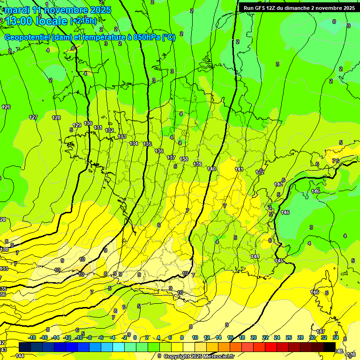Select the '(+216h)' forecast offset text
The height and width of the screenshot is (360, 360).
click(83, 21)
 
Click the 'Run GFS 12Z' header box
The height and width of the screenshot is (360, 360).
click(299, 8)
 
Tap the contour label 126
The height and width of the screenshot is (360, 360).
click(6, 107)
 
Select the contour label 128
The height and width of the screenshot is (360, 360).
click(56, 118)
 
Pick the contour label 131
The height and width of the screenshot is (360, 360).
click(98, 127)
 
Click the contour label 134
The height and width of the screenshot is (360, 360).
click(134, 143)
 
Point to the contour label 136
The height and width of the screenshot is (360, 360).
click(159, 151)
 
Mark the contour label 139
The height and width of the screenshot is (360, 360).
click(197, 164)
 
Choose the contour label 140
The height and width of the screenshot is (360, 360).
click(211, 169)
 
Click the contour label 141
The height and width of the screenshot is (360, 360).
click(239, 169)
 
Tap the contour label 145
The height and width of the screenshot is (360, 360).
click(279, 261)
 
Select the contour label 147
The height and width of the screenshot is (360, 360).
click(321, 331)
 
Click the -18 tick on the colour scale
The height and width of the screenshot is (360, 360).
click(32, 337)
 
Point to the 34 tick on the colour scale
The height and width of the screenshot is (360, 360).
click(336, 337)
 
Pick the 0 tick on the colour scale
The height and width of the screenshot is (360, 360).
click(135, 337)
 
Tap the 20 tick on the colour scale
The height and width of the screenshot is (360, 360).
click(254, 337)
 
